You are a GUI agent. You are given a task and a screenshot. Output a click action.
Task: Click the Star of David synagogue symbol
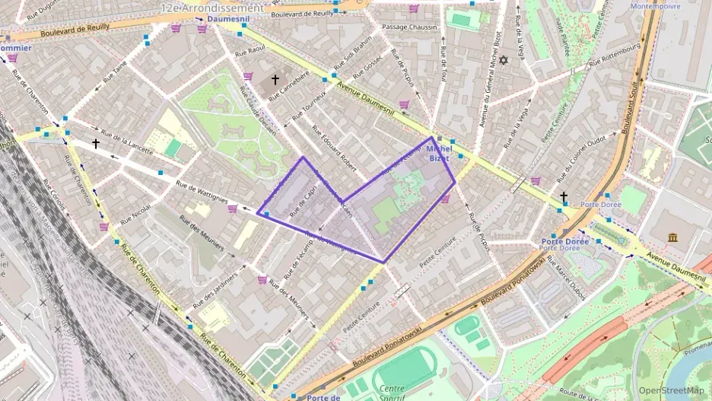502,59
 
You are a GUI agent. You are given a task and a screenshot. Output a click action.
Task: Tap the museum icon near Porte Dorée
673,238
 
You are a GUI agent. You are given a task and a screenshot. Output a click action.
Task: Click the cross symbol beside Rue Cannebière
275,79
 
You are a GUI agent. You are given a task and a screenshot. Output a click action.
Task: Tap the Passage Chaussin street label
410,27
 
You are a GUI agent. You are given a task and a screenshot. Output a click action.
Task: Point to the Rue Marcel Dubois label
564,281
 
